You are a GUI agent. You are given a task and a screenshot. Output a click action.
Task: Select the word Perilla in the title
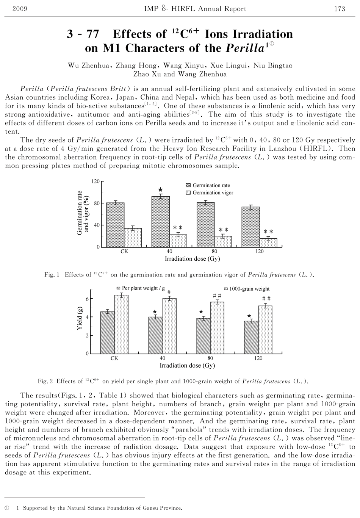245,49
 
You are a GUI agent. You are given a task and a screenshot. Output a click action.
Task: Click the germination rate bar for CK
115,225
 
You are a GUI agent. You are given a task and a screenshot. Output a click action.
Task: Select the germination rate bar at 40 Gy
160,222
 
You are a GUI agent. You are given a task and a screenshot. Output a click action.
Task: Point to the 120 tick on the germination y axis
96,182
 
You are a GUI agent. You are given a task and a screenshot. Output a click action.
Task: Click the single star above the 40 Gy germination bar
160,189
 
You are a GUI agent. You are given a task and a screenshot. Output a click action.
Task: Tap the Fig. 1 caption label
52,275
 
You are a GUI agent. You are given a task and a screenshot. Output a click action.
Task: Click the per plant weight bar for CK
107,332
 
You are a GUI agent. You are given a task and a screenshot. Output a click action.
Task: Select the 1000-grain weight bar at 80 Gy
217,328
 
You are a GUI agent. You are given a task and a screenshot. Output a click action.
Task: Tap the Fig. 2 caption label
45,381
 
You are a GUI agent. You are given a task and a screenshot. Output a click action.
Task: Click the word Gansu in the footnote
151,508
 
